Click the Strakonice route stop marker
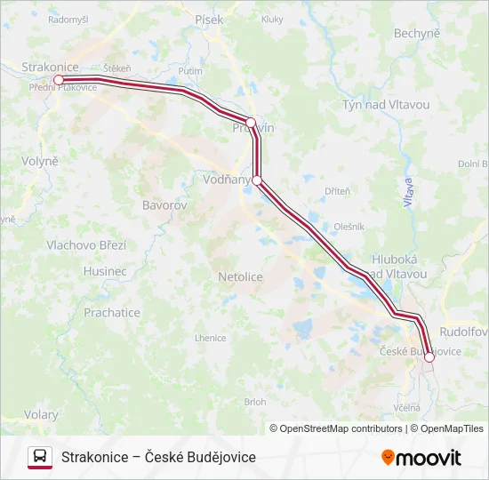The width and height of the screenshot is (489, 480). pos(59,80)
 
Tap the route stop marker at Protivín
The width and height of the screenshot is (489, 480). pos(251,123)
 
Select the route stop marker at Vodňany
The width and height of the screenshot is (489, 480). pos(257,180)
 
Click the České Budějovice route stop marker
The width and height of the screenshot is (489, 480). pos(429,357)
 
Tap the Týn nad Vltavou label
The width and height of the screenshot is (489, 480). pos(386,105)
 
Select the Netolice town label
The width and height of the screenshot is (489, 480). pos(241,277)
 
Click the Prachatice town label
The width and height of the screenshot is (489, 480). pos(112,313)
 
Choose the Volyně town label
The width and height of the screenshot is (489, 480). pos(39,162)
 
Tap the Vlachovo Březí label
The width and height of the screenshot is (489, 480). pos(86,245)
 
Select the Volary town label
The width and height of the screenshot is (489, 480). pos(41,415)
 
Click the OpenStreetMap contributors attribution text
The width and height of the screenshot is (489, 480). pos(336,428)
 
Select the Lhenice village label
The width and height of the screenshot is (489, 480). pos(211,339)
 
